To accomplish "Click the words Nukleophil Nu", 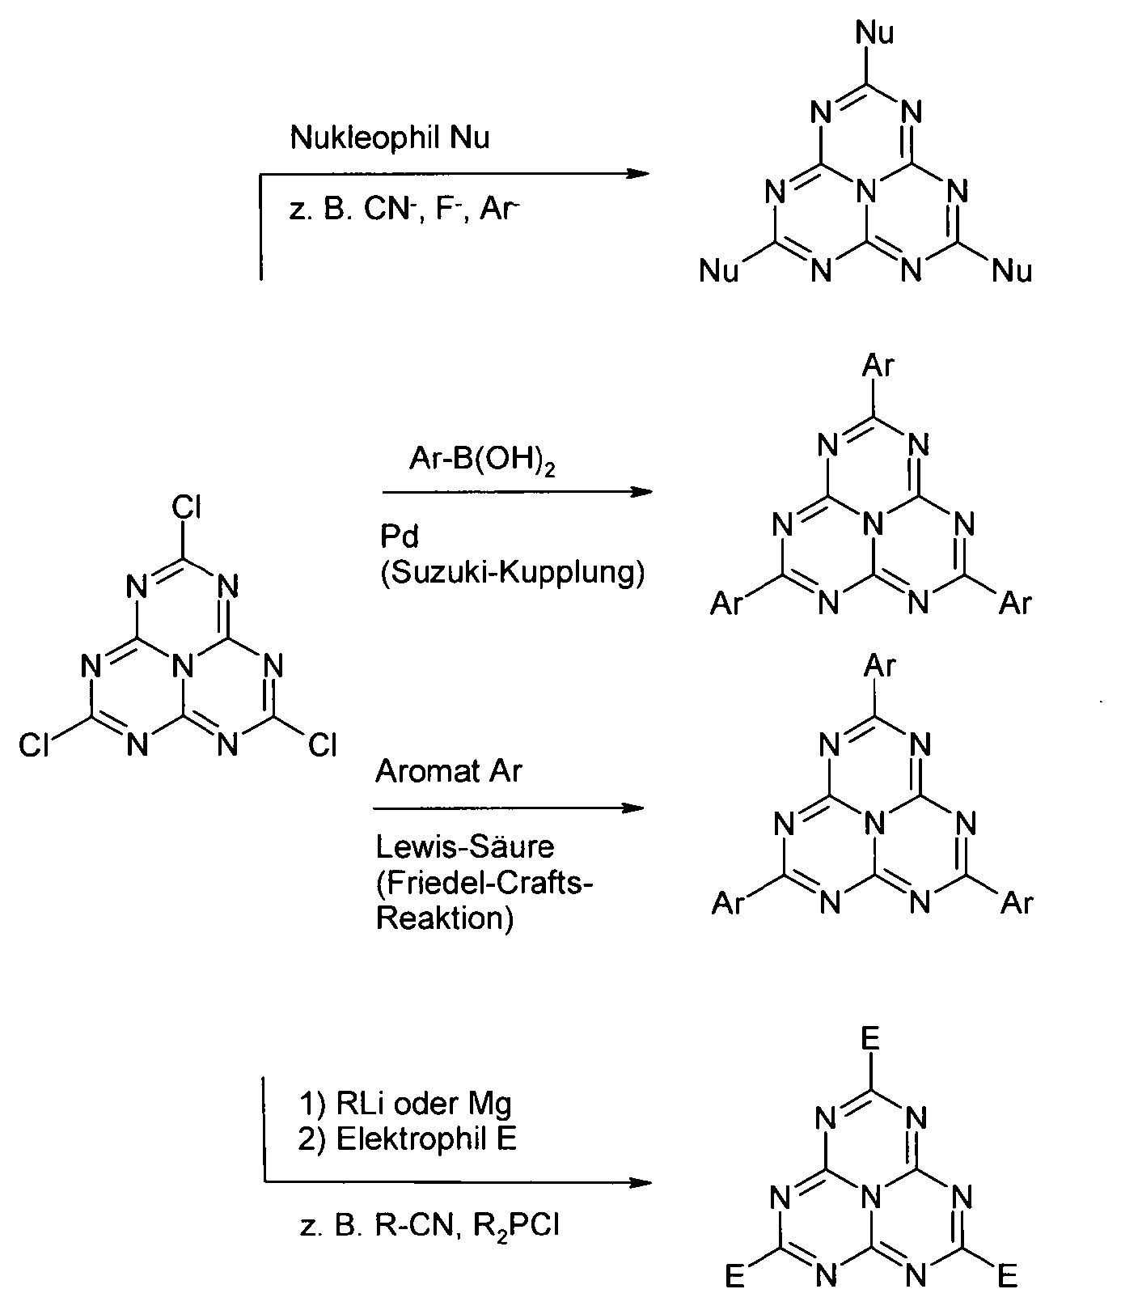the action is click(x=390, y=138).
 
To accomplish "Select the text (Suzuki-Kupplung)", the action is click(x=512, y=573).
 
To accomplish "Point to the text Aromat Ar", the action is click(x=449, y=771).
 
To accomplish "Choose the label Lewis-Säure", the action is click(x=465, y=847).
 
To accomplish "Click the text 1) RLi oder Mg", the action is click(x=405, y=1103).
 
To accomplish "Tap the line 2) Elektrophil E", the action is click(x=408, y=1139).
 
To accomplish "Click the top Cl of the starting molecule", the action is click(x=186, y=508).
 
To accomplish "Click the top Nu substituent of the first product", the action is click(x=875, y=33).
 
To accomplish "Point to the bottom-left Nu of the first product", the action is click(x=719, y=271).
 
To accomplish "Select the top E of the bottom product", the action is click(x=871, y=1038).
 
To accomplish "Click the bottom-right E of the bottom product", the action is click(x=1007, y=1277).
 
